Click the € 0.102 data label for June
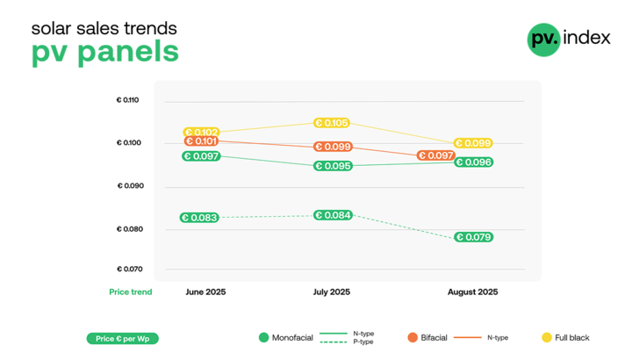(x=201, y=133)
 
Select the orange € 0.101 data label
(x=201, y=141)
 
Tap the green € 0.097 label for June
(x=201, y=156)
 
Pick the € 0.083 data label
(x=199, y=218)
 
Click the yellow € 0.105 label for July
(x=333, y=123)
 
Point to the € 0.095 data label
(x=334, y=166)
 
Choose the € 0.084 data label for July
(x=333, y=215)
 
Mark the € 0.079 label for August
(x=472, y=237)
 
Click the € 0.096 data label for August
(x=473, y=162)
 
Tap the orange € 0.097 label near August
(x=435, y=155)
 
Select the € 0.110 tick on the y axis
(x=128, y=100)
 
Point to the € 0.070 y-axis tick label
(x=128, y=270)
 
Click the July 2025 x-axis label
(x=332, y=292)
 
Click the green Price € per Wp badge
(x=123, y=338)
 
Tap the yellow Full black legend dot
(x=545, y=337)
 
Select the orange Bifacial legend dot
(x=412, y=337)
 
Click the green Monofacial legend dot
(x=263, y=337)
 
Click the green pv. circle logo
(x=544, y=40)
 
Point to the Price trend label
(x=131, y=292)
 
